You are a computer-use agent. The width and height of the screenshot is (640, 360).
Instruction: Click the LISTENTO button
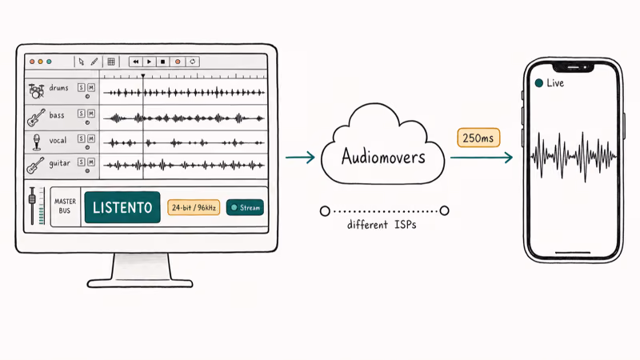122,207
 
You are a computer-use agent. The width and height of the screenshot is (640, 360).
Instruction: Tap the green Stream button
245,208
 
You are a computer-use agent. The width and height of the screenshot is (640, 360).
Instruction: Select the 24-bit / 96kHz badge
194,208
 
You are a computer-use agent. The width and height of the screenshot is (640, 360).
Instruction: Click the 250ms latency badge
478,138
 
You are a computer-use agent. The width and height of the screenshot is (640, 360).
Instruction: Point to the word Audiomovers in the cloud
383,157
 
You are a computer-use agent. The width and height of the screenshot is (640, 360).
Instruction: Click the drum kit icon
36,91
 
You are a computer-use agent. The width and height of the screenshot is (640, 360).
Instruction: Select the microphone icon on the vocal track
37,142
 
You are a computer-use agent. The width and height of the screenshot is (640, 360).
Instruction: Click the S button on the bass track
82,113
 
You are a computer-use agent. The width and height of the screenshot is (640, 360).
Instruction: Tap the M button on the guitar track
91,162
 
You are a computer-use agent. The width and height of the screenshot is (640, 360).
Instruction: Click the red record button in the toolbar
178,62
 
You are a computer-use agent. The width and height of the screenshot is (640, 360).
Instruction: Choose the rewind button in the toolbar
135,62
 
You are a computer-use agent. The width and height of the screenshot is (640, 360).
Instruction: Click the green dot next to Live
538,83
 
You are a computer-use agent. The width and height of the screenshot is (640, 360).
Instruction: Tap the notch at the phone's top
573,67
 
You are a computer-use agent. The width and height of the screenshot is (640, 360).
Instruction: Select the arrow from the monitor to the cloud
300,157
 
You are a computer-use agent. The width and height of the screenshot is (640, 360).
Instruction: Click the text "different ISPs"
382,225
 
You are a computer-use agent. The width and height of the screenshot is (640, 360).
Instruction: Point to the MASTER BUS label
65,206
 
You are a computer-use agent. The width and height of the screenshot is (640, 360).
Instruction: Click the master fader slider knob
32,199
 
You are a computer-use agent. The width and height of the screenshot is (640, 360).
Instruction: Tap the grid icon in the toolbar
111,62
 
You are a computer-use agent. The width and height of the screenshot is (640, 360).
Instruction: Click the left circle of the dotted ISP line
325,211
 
